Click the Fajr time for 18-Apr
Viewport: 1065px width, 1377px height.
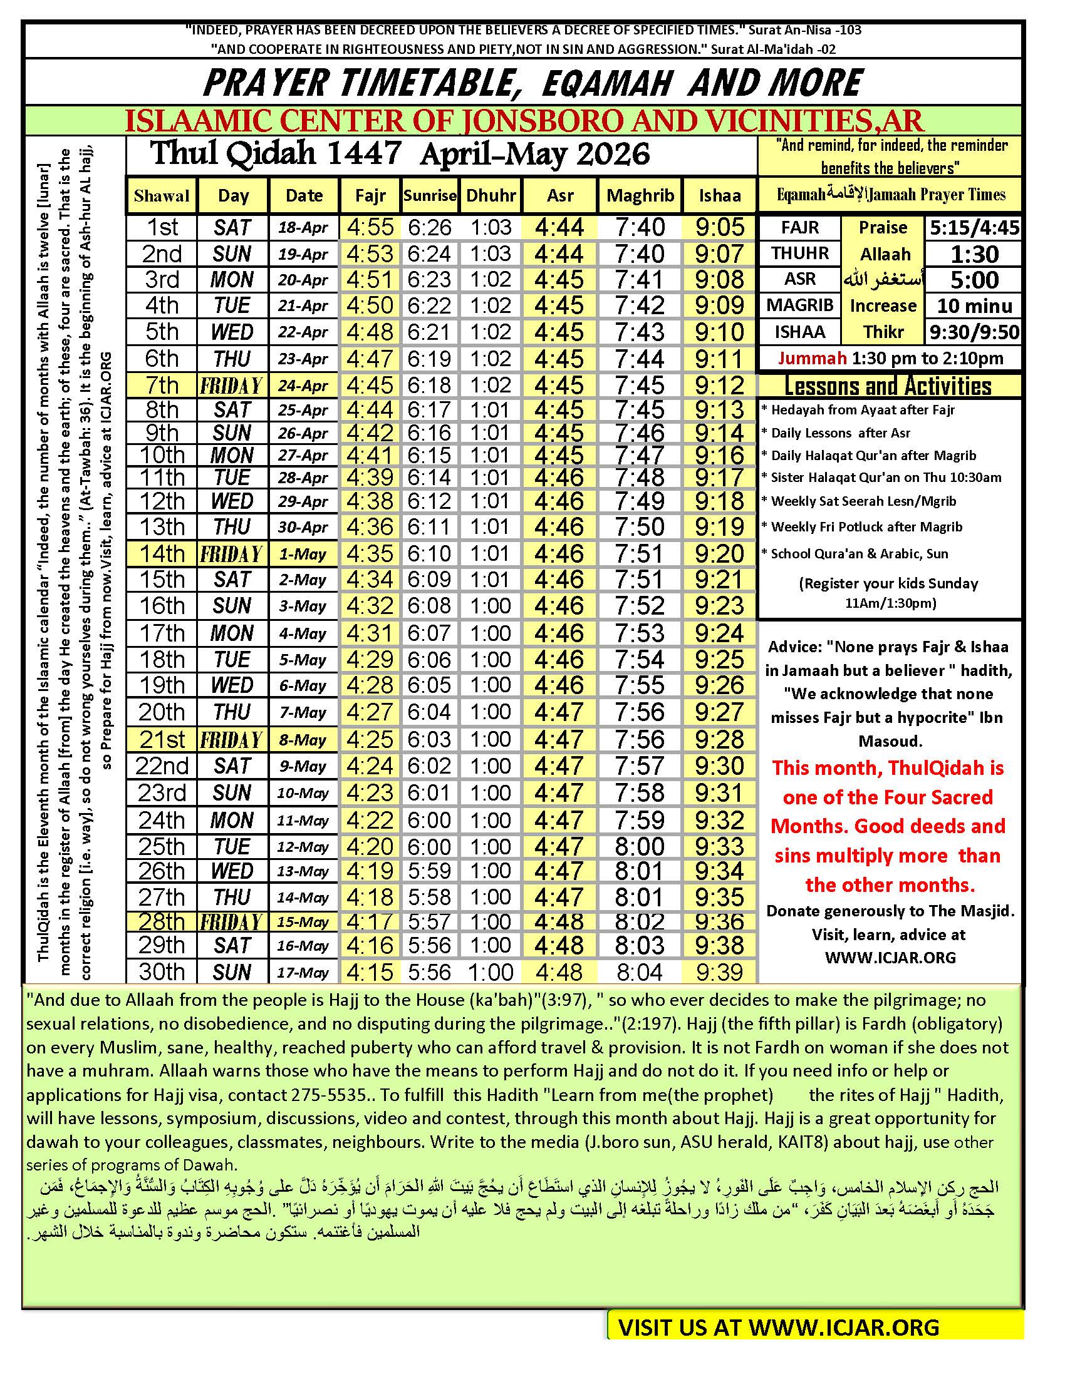(370, 227)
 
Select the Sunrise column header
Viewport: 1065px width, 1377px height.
(430, 195)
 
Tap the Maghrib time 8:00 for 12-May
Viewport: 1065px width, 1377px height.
(639, 846)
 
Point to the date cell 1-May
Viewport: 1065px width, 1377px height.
(303, 554)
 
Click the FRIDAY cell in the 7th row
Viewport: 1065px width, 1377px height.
(232, 385)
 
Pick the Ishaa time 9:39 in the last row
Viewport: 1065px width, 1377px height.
(719, 971)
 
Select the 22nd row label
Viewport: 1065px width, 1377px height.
(162, 766)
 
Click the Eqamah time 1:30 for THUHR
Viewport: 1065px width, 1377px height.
(974, 254)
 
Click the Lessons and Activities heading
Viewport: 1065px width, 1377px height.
(888, 386)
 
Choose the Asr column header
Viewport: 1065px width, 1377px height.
(559, 195)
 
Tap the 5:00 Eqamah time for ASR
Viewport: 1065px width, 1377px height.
(974, 280)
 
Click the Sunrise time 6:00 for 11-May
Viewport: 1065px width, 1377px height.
(429, 821)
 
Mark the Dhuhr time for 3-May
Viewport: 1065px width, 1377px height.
(491, 606)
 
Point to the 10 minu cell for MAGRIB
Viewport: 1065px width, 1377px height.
(974, 306)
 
